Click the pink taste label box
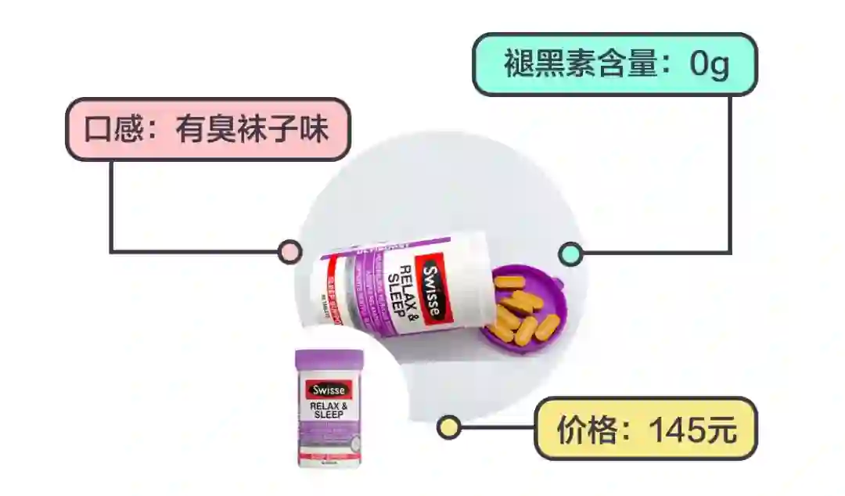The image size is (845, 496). (207, 129)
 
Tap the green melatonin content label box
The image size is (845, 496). (615, 64)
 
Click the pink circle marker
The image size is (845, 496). (289, 252)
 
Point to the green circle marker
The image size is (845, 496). (570, 253)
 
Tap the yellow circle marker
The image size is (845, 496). (448, 427)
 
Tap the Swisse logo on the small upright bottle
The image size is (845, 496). (329, 390)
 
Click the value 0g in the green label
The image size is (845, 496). (709, 65)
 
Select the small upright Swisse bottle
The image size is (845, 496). (329, 408)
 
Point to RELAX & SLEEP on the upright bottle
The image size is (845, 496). (329, 410)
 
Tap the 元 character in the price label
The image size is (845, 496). (721, 430)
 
